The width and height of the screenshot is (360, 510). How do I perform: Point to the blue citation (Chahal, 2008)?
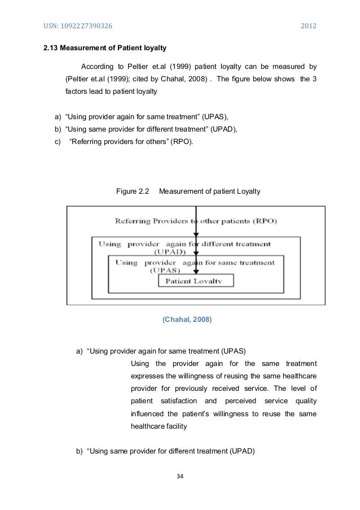click(x=187, y=320)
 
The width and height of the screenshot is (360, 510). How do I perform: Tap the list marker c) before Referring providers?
click(x=57, y=141)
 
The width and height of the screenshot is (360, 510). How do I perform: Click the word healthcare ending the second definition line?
click(x=298, y=376)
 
